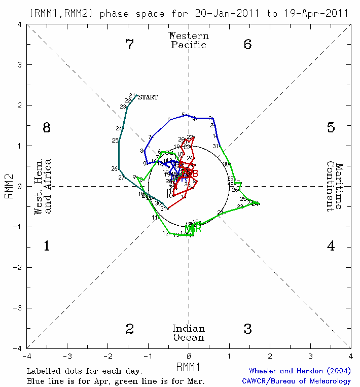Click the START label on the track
point(148,97)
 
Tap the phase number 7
point(130,45)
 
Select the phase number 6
point(247,45)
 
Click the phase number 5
point(331,128)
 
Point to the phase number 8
point(47,128)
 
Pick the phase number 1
point(47,247)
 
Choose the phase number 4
point(331,247)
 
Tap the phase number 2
point(130,329)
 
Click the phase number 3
point(247,329)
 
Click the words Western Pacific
point(189,40)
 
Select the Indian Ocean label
point(189,333)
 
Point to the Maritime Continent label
point(335,187)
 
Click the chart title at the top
point(189,13)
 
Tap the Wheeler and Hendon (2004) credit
point(300,371)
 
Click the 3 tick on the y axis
point(19,65)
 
